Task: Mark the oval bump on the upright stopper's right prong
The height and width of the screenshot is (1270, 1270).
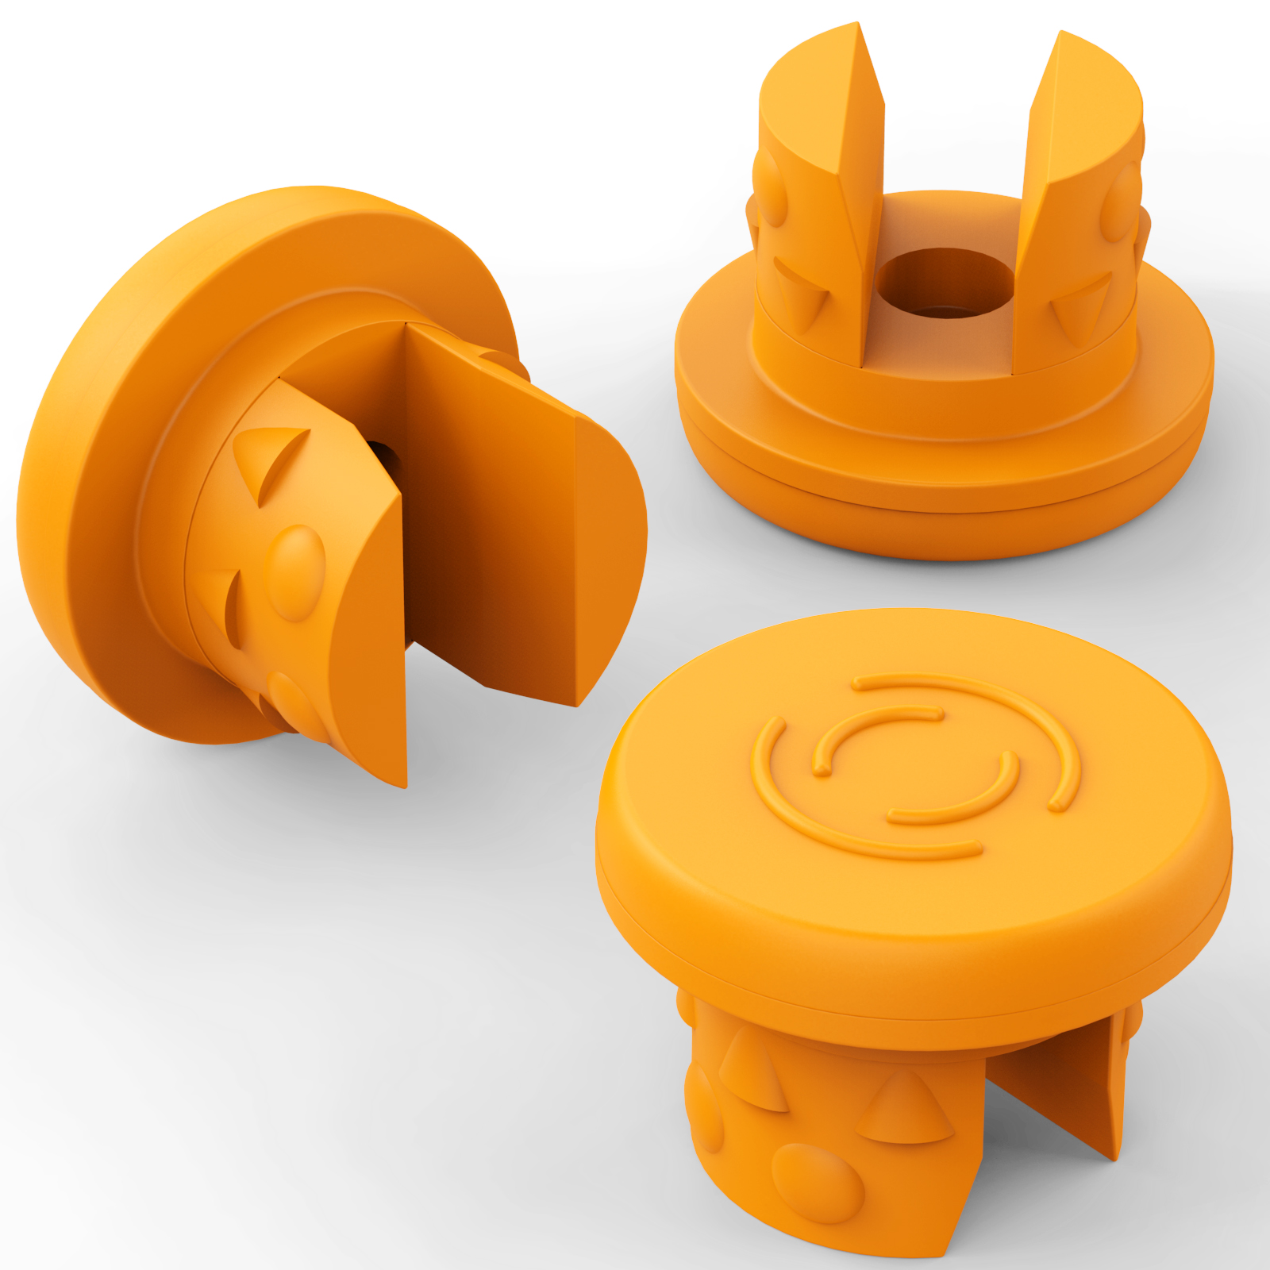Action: [1121, 202]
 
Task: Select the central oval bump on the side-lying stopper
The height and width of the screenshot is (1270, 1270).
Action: [295, 571]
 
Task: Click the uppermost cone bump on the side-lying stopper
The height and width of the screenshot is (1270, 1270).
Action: [270, 460]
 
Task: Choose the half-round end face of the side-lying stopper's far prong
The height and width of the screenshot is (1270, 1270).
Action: [607, 556]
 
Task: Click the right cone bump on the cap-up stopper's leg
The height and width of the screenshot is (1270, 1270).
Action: [905, 1107]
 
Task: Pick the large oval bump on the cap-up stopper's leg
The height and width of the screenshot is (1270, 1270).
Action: [818, 1183]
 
